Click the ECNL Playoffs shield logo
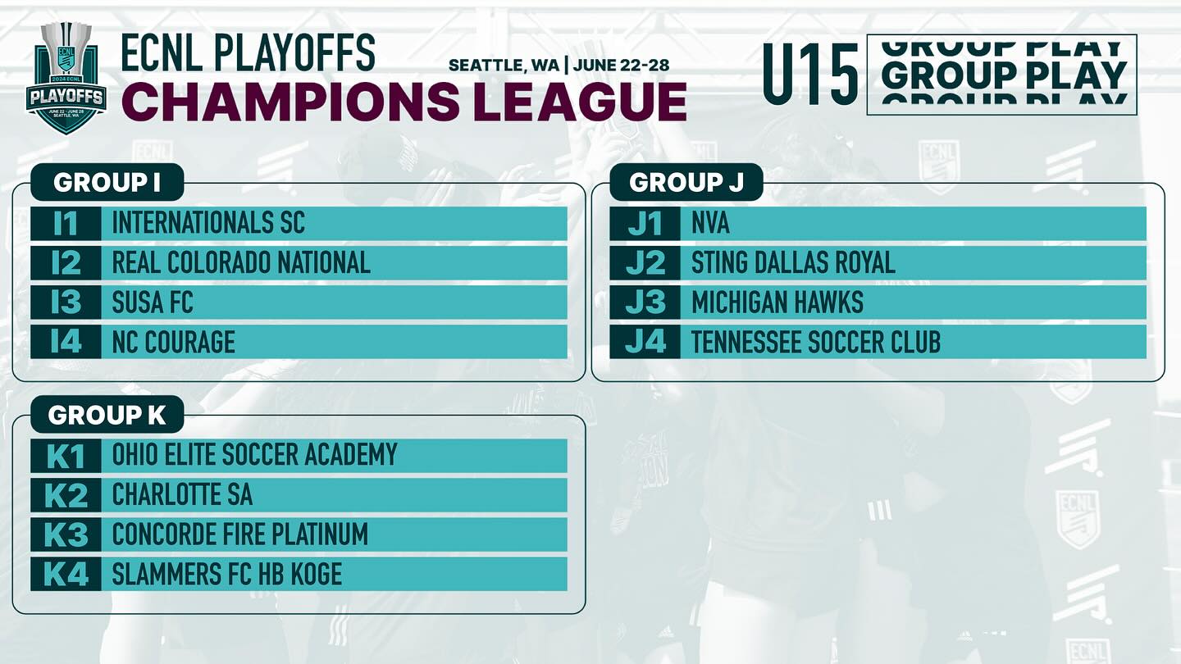pos(66,78)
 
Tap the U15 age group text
pos(811,75)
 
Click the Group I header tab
pos(107,182)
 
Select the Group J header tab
pos(686,182)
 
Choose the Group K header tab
pos(107,415)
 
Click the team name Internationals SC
pos(208,223)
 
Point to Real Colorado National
pos(241,262)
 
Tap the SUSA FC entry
pos(153,302)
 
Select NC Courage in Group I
pos(174,342)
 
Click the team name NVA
pos(710,223)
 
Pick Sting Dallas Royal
pos(793,262)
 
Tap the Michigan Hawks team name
pos(777,302)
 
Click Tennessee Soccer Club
pos(815,342)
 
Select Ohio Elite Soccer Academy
pos(254,455)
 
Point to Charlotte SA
pos(182,494)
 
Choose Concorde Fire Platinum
pos(239,534)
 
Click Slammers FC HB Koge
pos(226,573)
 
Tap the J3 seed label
pos(645,302)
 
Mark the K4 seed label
pos(66,573)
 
